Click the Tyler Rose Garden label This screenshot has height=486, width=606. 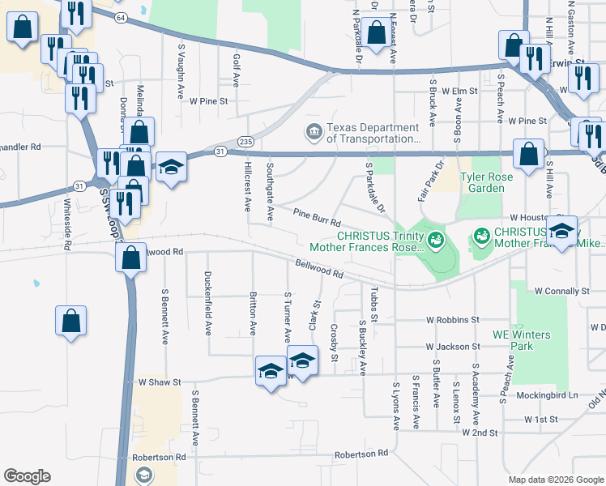[493, 182]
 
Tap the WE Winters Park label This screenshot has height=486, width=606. [520, 340]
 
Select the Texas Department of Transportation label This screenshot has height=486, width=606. [372, 132]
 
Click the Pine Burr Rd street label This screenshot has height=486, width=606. [316, 216]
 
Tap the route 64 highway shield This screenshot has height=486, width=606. [121, 16]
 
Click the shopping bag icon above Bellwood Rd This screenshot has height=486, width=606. [130, 258]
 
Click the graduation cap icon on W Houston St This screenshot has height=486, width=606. [561, 231]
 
